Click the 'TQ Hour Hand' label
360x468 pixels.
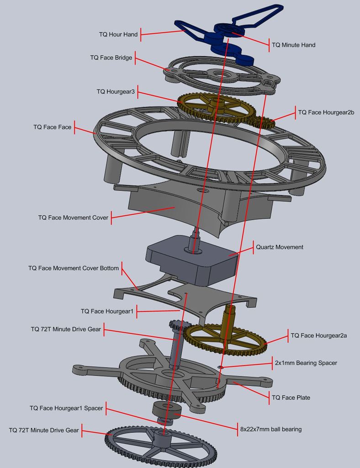tap(118, 34)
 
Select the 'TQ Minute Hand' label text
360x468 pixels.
tap(293, 45)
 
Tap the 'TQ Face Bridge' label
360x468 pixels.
tap(111, 58)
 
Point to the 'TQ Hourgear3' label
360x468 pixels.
tap(116, 92)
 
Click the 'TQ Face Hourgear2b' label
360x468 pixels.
tap(326, 112)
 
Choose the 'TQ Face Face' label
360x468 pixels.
tap(52, 127)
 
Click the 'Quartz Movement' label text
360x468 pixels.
tap(279, 247)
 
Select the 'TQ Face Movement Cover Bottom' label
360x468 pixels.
tap(73, 268)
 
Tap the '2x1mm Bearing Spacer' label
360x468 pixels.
tap(305, 363)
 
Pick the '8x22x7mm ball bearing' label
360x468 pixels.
tap(270, 429)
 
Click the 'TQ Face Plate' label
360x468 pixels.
tap(291, 398)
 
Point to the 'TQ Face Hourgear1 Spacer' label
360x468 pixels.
tap(66, 408)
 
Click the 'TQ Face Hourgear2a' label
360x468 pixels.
tap(318, 335)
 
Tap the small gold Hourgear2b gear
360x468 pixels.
tap(262, 122)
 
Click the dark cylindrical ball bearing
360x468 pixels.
tap(167, 410)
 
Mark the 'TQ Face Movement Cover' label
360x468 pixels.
tap(73, 218)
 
